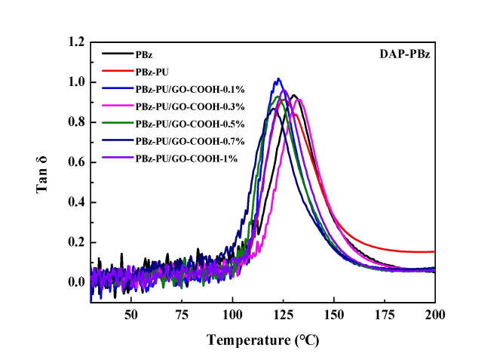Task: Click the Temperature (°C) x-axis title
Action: [x=262, y=340]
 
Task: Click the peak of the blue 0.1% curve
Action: [x=278, y=78]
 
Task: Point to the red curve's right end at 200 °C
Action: [x=434, y=251]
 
